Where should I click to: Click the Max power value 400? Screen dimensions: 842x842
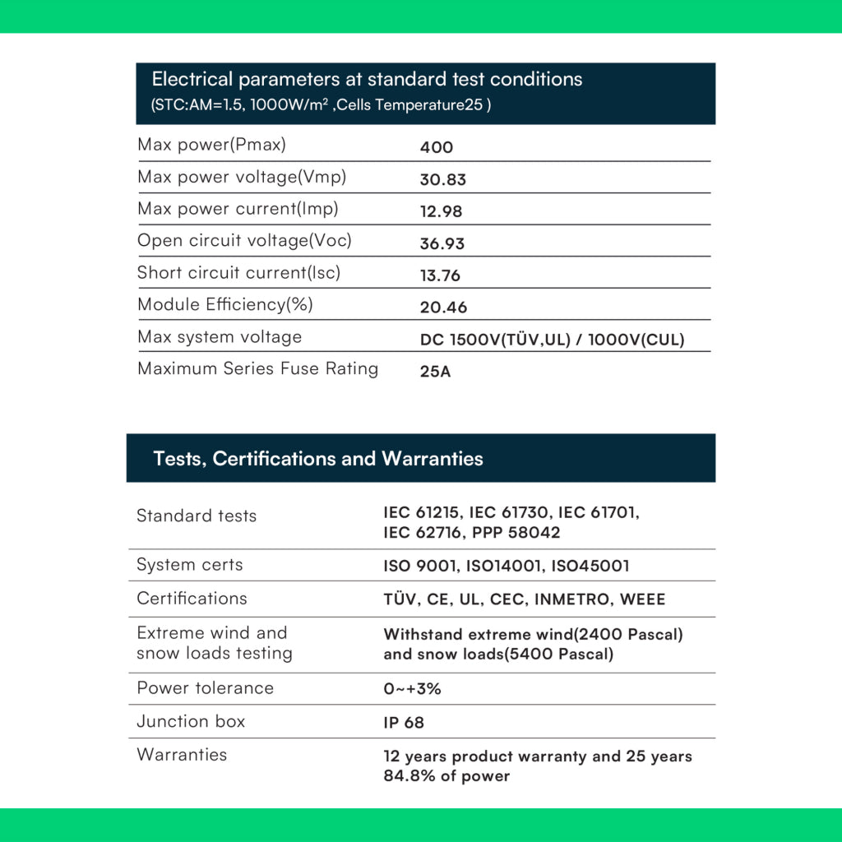437,147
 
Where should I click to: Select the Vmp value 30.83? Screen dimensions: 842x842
443,179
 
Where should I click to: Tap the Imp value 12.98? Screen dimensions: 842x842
442,211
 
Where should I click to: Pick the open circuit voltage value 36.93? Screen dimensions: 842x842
442,243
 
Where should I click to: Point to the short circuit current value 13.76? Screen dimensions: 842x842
441,275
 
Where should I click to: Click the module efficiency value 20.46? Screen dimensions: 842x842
443,308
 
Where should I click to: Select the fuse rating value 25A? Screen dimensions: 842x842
436,372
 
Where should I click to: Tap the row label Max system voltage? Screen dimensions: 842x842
220,337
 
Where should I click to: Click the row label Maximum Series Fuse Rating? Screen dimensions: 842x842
257,368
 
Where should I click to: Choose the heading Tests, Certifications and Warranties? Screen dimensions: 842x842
318,459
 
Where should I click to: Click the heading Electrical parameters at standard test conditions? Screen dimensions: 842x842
367,80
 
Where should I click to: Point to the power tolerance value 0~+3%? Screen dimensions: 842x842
413,689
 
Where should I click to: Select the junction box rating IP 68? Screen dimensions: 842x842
404,723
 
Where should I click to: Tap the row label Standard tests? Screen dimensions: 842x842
197,516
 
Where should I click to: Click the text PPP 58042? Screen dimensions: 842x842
516,533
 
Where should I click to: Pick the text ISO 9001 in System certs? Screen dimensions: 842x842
418,566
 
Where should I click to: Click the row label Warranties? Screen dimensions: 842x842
182,755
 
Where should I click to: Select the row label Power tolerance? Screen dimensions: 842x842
205,688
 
